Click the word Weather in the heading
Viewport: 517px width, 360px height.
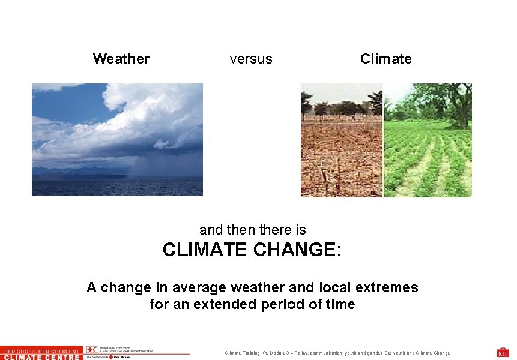click(121, 59)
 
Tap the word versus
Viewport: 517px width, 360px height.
click(251, 59)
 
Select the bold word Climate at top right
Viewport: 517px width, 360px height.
click(385, 59)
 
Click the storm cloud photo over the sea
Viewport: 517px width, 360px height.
click(117, 139)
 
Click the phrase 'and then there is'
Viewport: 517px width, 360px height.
click(253, 229)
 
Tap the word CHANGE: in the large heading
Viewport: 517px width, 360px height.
click(301, 250)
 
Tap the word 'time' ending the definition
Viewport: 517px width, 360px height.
click(340, 304)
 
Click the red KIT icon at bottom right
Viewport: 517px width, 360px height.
click(503, 352)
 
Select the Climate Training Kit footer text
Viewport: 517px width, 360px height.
click(337, 353)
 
